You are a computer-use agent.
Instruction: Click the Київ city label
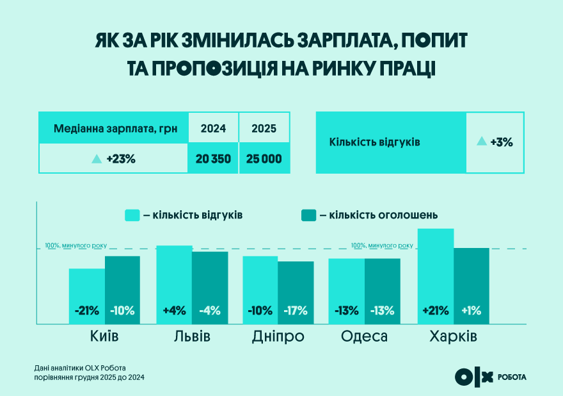point(104,336)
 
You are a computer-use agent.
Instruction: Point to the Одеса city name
point(364,336)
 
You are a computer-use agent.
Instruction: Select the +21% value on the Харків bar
point(435,311)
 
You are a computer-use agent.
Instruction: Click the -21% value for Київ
point(87,311)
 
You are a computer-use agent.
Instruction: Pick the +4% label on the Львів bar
point(174,311)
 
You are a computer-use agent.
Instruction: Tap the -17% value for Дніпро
point(295,311)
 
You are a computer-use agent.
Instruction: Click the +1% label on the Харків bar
point(471,311)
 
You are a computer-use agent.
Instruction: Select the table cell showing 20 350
point(213,159)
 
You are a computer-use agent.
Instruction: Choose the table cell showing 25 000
point(264,159)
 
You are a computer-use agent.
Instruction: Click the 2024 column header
point(213,128)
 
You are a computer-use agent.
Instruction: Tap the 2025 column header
point(264,128)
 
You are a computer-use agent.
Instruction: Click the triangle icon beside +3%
point(482,142)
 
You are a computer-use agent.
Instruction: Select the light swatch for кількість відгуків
point(132,215)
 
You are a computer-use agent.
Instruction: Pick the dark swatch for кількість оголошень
point(309,215)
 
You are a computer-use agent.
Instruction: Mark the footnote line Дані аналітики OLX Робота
point(81,368)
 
